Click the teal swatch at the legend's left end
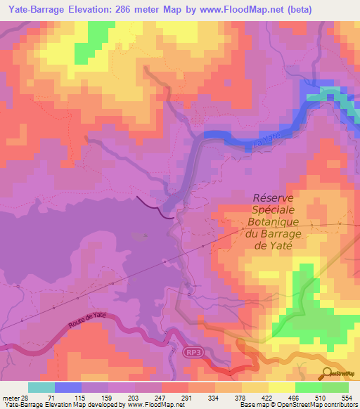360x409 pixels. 41,387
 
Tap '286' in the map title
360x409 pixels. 127,9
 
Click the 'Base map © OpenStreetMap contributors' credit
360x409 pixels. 302,405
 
